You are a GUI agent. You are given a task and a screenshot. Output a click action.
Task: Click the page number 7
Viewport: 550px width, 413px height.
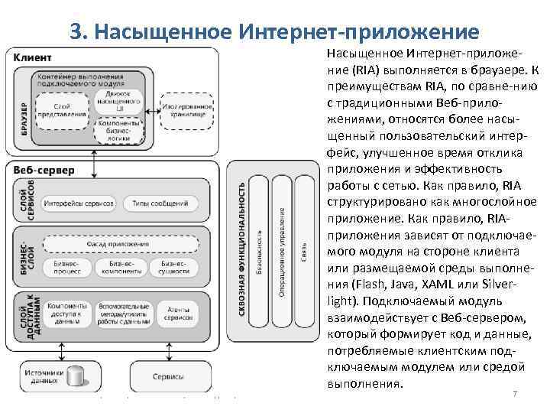click(x=515, y=393)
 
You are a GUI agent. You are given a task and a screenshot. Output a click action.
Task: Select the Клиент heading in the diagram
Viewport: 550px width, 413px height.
click(x=34, y=57)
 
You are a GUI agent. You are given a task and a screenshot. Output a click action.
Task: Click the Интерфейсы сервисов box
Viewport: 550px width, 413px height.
click(x=79, y=203)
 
